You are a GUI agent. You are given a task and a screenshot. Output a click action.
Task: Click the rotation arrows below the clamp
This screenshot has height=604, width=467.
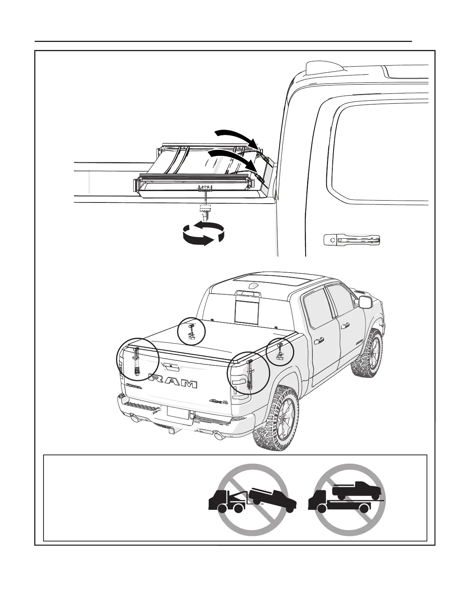pyautogui.click(x=203, y=232)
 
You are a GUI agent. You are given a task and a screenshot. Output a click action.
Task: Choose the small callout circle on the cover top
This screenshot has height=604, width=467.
pyautogui.click(x=192, y=331)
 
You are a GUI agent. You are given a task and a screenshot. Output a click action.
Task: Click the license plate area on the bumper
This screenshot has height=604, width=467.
pyautogui.click(x=178, y=413)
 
